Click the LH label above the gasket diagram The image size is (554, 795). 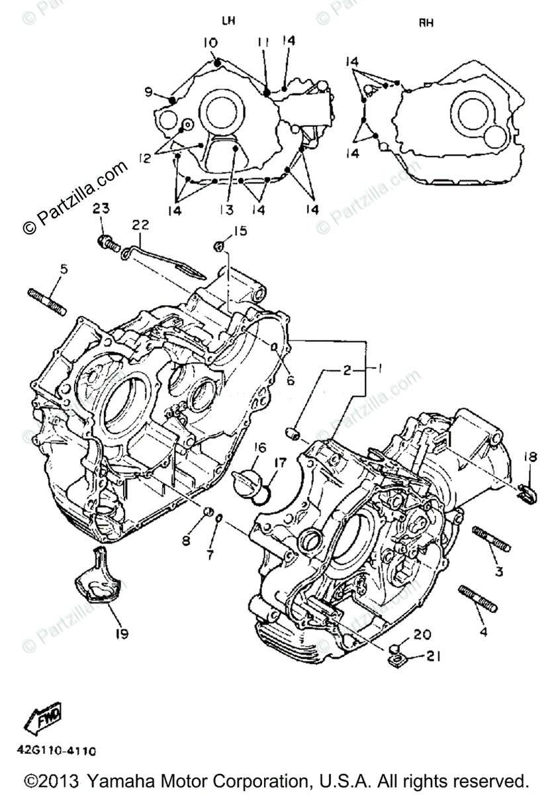(x=228, y=21)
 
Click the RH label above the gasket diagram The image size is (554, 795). (x=426, y=24)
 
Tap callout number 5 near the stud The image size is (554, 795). (x=64, y=270)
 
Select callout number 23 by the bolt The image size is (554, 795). (x=100, y=209)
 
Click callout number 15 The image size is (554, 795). (x=239, y=231)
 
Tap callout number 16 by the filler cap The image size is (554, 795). (x=258, y=449)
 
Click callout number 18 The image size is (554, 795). (x=531, y=457)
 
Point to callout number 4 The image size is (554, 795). (x=483, y=632)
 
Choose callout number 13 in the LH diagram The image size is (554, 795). (x=228, y=209)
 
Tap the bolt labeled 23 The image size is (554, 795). (x=107, y=243)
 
